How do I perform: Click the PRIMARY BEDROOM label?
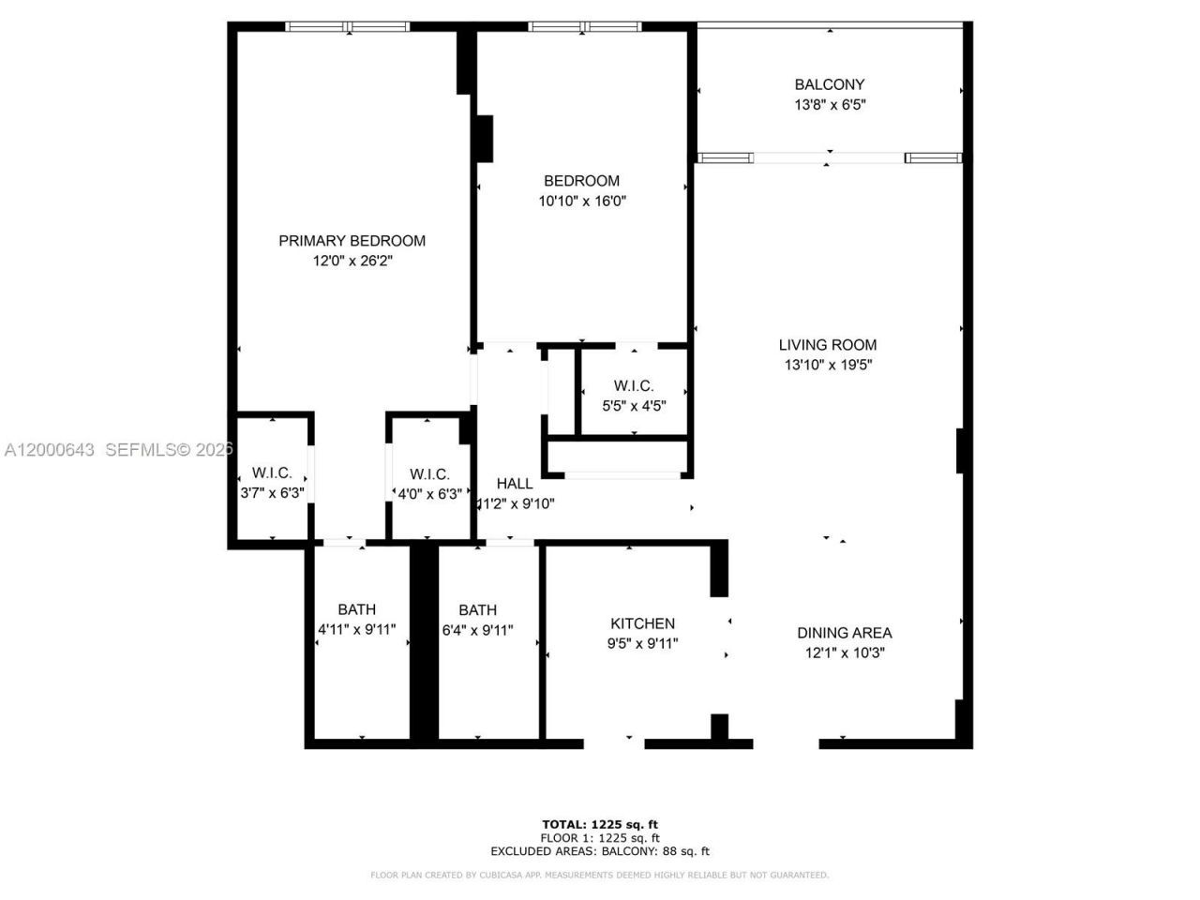pos(352,241)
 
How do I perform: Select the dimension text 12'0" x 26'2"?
pos(352,262)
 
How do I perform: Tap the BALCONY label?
pos(829,84)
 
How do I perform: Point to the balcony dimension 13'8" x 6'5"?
pos(829,105)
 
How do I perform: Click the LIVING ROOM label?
pos(828,345)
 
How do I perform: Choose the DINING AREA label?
pos(844,633)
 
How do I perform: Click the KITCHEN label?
pos(642,623)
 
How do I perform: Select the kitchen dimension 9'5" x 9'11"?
pos(642,644)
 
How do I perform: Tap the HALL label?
pos(515,484)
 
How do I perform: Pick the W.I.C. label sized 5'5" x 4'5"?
pos(634,386)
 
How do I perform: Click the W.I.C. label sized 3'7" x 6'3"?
pos(272,473)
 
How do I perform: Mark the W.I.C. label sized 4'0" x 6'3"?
pos(429,474)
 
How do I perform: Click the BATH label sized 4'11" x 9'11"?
pos(357,609)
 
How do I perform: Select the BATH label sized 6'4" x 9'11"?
pos(477,609)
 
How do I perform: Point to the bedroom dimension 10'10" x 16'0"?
pos(581,201)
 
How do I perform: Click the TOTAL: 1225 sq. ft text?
pos(599,825)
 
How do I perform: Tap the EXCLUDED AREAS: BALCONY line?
pos(599,851)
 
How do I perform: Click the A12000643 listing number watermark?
pos(49,450)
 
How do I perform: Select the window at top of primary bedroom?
pos(347,27)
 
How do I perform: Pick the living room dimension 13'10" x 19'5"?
pos(828,366)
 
